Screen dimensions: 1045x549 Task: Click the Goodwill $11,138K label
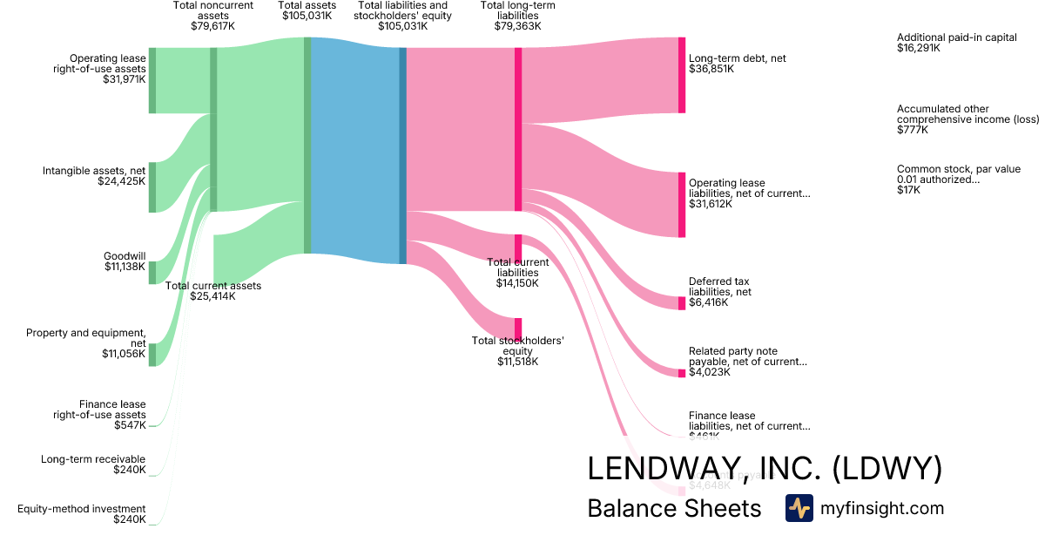coord(124,261)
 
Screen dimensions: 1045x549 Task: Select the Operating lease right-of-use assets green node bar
coord(152,80)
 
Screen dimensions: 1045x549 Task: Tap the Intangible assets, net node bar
coord(152,186)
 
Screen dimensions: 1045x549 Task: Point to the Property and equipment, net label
coord(85,343)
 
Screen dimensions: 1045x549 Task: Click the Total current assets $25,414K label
coord(213,291)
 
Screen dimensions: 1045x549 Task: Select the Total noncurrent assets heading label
coord(213,16)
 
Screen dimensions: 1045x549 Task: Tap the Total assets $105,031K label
coord(307,16)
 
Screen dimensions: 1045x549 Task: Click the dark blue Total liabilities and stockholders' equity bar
coord(402,155)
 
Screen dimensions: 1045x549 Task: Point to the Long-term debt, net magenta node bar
coord(682,75)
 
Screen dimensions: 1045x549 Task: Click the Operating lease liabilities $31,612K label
coord(749,193)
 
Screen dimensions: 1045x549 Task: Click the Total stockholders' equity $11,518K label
coord(518,351)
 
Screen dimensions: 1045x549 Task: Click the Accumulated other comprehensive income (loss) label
coord(967,119)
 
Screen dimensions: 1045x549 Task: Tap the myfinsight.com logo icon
coord(799,508)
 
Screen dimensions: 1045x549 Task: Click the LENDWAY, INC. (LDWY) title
coord(765,469)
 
